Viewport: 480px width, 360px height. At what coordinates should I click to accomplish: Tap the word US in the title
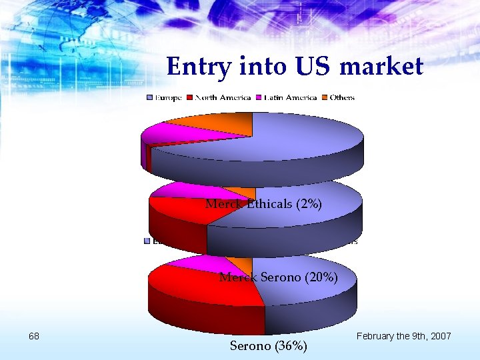click(x=313, y=67)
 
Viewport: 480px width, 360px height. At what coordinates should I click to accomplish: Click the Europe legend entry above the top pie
click(x=164, y=98)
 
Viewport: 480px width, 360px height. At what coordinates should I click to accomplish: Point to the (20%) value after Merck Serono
click(x=320, y=277)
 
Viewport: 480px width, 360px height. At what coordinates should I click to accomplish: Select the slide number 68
click(x=35, y=336)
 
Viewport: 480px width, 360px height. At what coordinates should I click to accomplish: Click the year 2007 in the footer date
click(x=440, y=336)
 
